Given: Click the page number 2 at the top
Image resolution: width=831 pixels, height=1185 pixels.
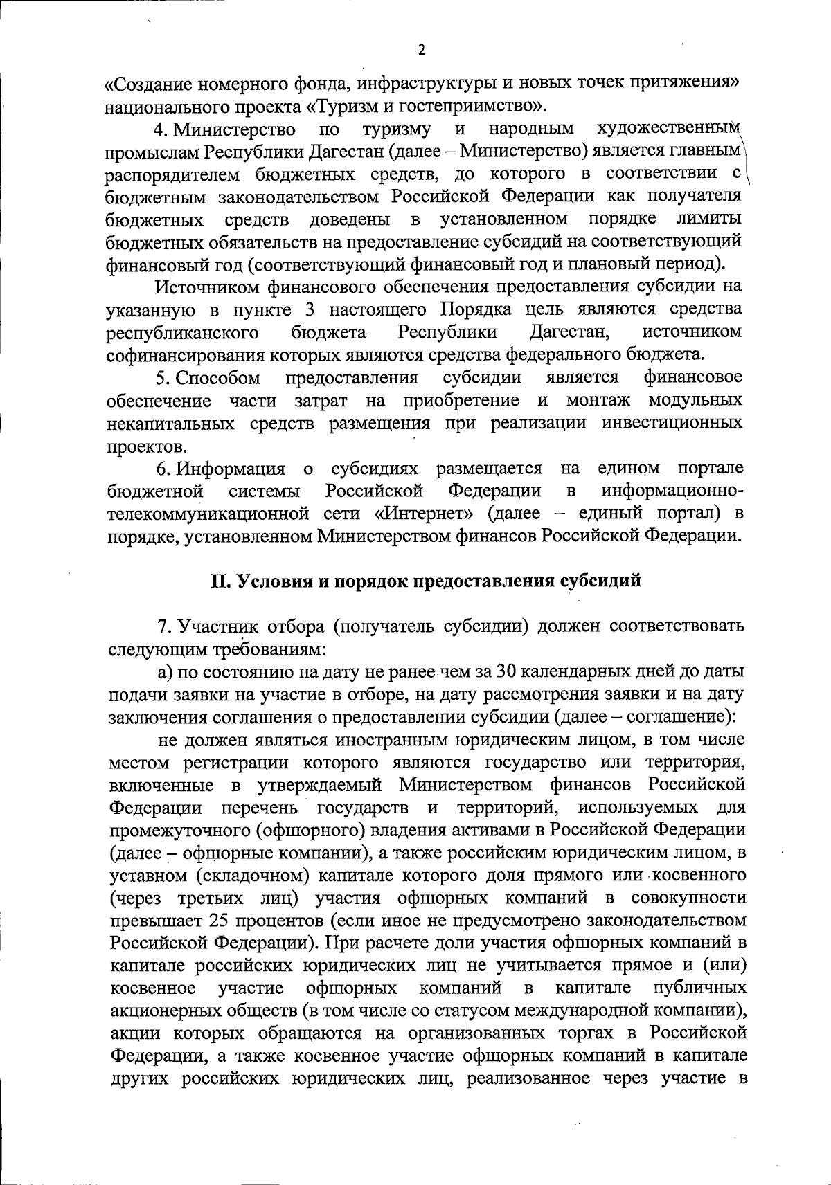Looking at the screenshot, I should click(x=421, y=50).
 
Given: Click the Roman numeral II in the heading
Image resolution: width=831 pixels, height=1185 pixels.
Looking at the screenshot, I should click(x=220, y=581).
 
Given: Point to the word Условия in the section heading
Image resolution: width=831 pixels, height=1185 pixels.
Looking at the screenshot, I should click(x=270, y=581).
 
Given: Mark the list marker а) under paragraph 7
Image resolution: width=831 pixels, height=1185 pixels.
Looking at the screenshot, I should click(x=164, y=672).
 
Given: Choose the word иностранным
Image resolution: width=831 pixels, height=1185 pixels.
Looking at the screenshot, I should click(x=391, y=740).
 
